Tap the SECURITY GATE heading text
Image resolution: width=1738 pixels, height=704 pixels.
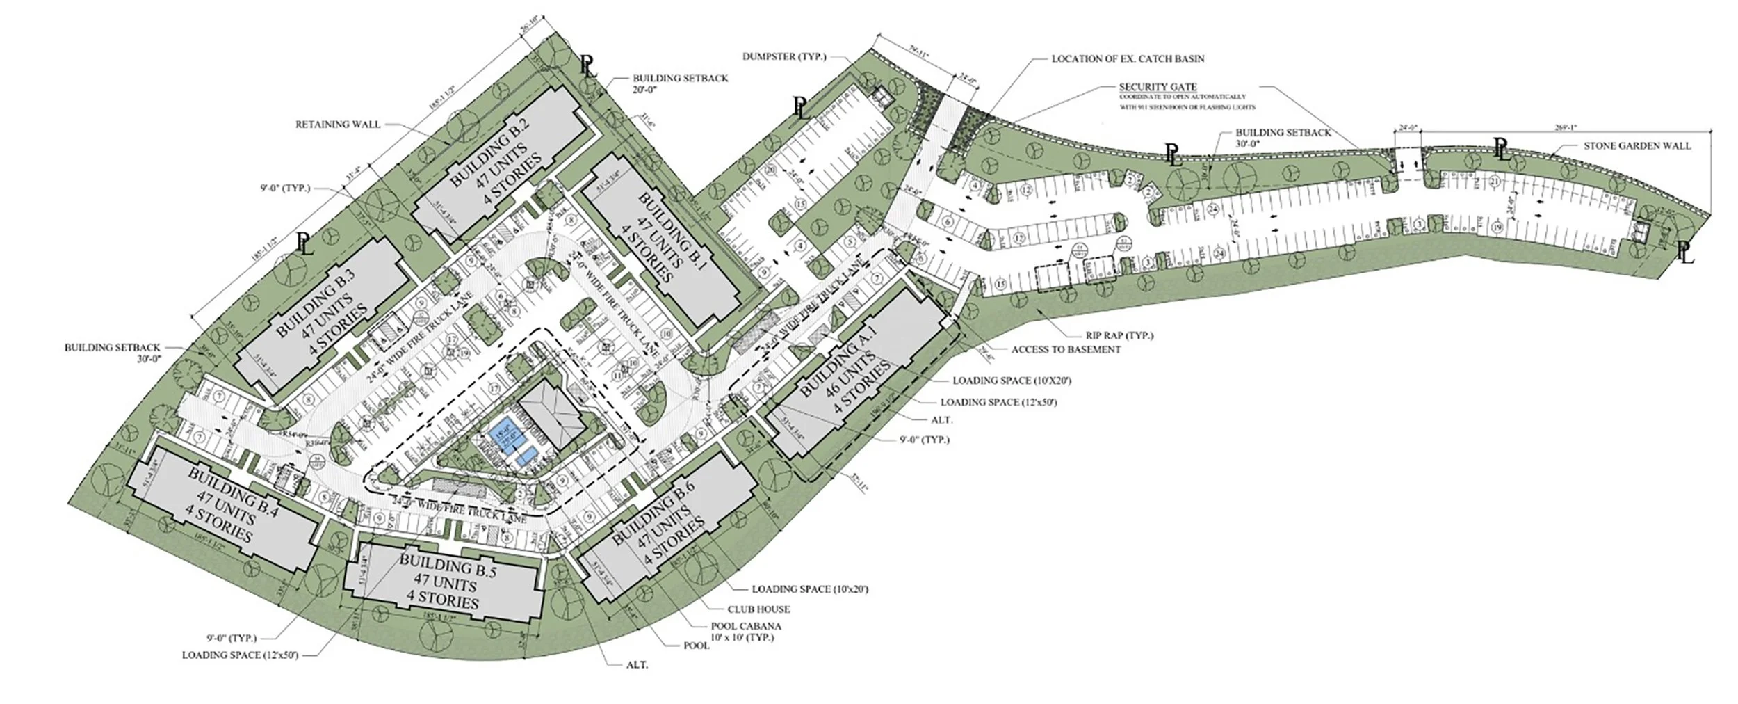coord(1158,87)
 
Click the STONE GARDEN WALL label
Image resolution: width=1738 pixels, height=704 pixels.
coord(1637,146)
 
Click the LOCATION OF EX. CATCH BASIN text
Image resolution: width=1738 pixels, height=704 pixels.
coord(1128,59)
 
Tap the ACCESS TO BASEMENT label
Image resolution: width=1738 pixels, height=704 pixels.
coord(1066,349)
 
